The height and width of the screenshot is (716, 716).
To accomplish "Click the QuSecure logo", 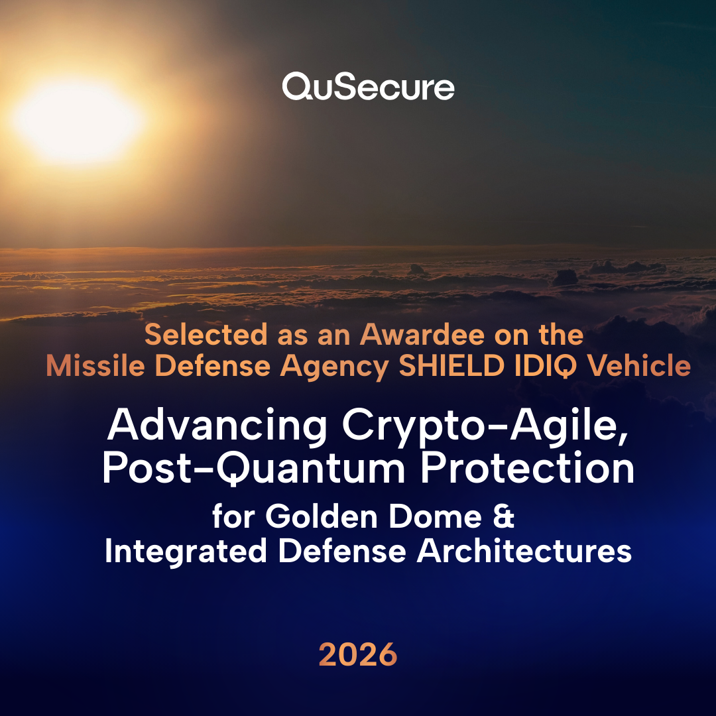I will coord(368,88).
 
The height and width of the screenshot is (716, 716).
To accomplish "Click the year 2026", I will coord(358,655).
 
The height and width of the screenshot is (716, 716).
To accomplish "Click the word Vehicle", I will coord(636,367).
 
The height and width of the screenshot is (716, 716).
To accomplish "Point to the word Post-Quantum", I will coord(249,469).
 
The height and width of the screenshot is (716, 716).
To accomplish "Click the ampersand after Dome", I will coord(504,517).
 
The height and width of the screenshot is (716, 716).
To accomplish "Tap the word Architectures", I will coord(523,552).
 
